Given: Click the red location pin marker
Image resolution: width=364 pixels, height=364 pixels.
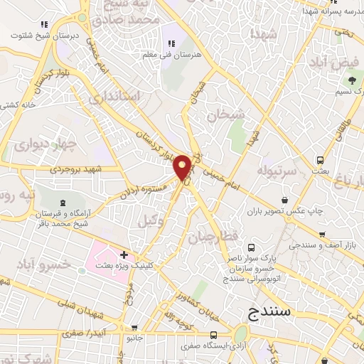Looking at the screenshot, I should tap(183, 166).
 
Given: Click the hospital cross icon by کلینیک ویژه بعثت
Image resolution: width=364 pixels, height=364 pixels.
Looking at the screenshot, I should tap(124, 254).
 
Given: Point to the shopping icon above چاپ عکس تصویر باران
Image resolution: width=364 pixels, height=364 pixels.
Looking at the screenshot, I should tap(285, 200).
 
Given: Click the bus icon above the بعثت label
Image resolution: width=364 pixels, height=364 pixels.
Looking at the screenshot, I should tap(321, 160).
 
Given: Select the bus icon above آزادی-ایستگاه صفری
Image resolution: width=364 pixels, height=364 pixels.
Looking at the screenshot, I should tap(214, 334).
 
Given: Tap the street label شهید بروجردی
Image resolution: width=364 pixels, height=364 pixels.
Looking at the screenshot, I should tap(77, 170).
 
